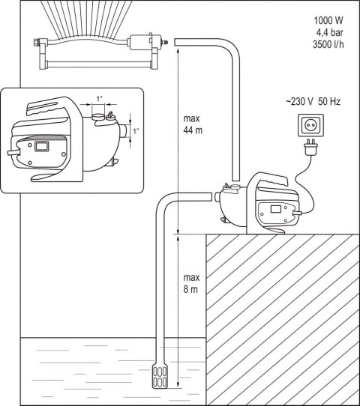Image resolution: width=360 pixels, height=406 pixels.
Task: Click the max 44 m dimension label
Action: pyautogui.click(x=193, y=124)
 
